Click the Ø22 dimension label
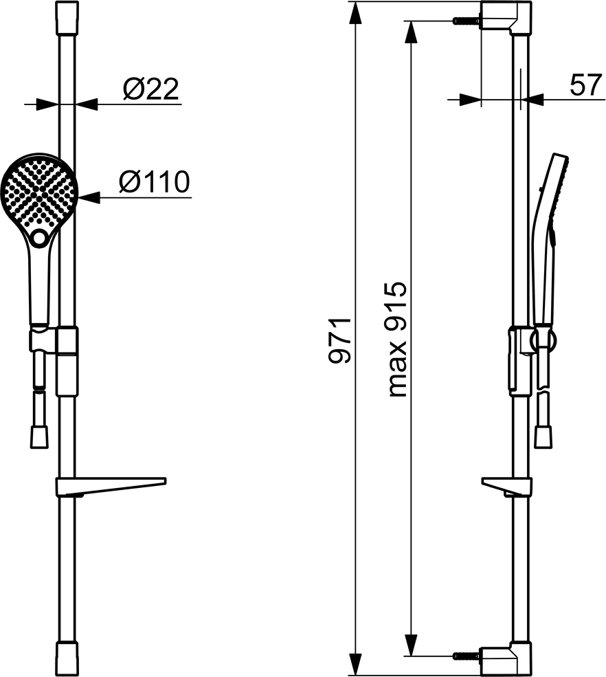click(150, 89)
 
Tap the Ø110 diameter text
click(154, 181)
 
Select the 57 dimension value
click(585, 85)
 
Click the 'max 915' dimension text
click(396, 340)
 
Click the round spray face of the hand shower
click(39, 192)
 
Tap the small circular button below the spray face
click(40, 237)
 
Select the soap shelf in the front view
click(111, 486)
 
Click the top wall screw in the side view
click(467, 21)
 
